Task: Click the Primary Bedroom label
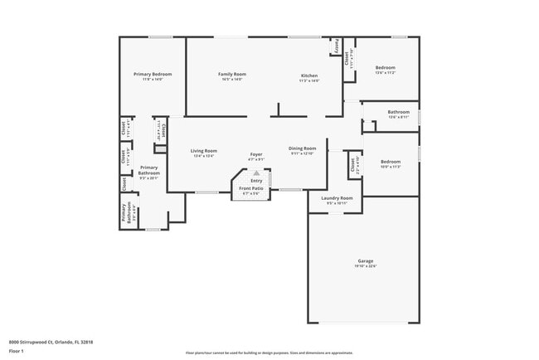pos(152,74)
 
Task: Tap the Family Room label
pos(232,74)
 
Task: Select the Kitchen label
pos(308,75)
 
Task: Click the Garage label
pos(366,260)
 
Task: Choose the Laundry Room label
pos(337,198)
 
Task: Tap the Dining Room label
pos(303,148)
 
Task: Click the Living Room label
pos(204,150)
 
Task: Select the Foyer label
pos(256,155)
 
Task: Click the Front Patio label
pos(251,188)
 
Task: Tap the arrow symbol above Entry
pos(256,173)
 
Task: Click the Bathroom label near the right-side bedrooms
pos(398,111)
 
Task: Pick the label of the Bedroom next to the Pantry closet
pos(386,67)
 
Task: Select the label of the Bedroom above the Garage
pos(390,161)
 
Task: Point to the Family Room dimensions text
pos(232,80)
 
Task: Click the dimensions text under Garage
pos(366,266)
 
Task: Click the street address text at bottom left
pos(51,340)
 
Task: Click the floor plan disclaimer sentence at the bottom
pos(269,352)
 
